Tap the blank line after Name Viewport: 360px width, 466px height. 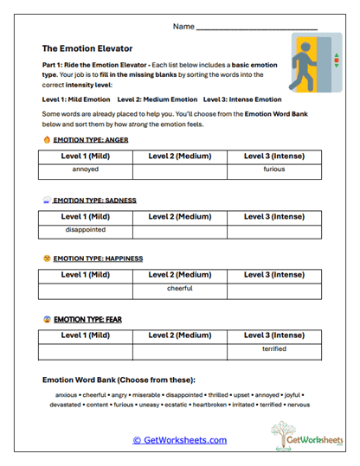click(x=257, y=29)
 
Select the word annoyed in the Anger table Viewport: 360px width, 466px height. click(x=86, y=169)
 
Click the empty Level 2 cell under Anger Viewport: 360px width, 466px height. click(x=180, y=169)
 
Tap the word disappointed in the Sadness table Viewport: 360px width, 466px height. click(x=86, y=230)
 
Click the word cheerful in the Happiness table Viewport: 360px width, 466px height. click(x=180, y=288)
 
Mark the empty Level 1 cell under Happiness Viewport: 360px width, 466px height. click(x=86, y=290)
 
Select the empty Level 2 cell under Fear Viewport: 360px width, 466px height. click(x=180, y=350)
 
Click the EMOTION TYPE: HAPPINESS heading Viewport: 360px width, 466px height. click(x=98, y=258)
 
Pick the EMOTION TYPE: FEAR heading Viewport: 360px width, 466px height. click(x=87, y=319)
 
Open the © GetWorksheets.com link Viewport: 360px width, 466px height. click(x=179, y=440)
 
